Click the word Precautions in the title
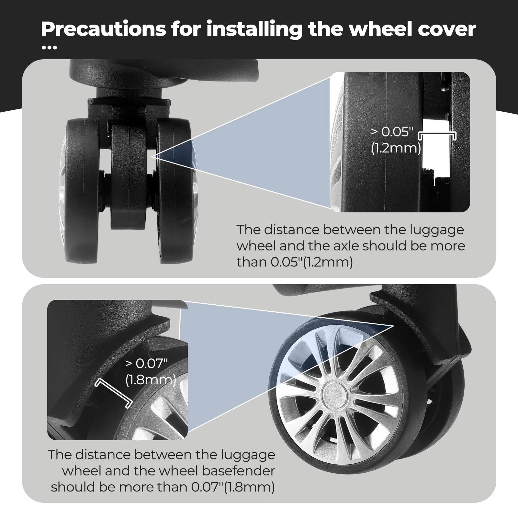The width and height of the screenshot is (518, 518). point(103,29)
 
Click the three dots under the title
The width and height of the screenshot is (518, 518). point(50,48)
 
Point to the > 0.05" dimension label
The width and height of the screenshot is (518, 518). point(392,132)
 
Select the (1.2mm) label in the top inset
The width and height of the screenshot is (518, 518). point(396,148)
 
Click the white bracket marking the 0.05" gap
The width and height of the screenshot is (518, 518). point(437,133)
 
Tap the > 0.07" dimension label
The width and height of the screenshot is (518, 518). point(147,364)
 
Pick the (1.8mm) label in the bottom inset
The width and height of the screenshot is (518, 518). point(151,380)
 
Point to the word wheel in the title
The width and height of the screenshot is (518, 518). point(377,29)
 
